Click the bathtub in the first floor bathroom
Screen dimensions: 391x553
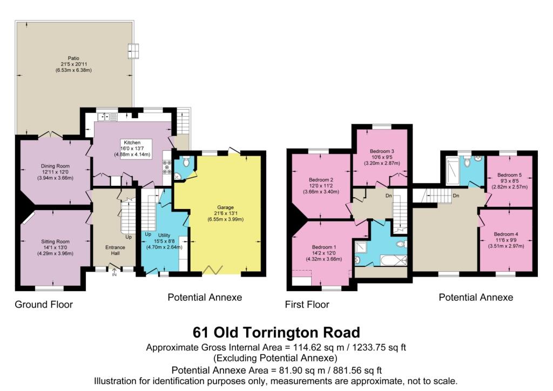(x=387, y=261)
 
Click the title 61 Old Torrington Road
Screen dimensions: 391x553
(x=276, y=332)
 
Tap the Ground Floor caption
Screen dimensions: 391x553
(x=44, y=304)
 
